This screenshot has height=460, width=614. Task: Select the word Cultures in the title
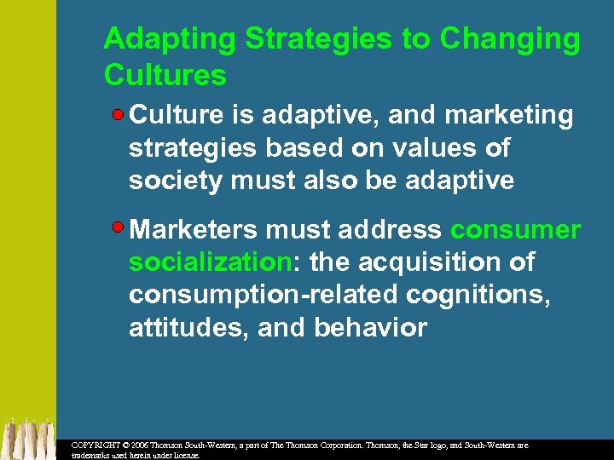tap(165, 75)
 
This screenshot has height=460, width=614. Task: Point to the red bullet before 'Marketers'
tap(121, 228)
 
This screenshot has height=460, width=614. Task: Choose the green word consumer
tap(515, 229)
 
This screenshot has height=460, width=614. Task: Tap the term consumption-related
tap(262, 295)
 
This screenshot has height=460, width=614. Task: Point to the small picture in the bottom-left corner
tap(27, 438)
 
